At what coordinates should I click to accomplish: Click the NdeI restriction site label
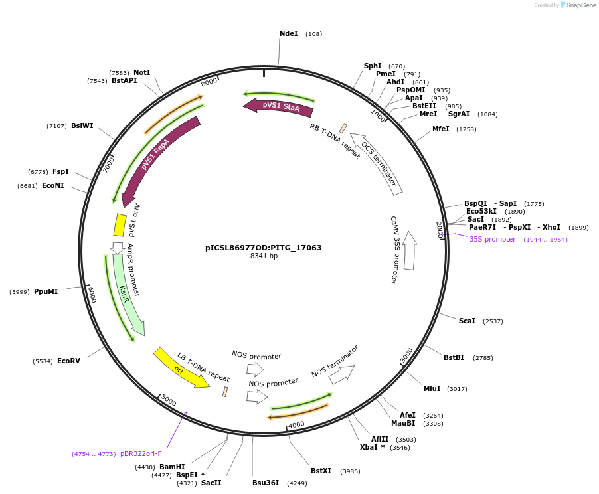tap(288, 33)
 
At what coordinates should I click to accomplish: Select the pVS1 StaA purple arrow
tap(278, 106)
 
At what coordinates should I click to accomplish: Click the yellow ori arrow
tap(181, 367)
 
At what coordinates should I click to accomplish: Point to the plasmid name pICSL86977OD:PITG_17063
tap(264, 248)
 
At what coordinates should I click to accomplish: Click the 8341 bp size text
tap(264, 256)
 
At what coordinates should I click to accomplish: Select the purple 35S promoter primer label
tap(492, 239)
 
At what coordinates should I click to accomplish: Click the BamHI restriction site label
tap(172, 467)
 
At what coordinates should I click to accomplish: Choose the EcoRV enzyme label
tap(68, 361)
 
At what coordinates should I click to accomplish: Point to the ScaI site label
tap(467, 321)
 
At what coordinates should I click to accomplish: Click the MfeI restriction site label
tap(441, 129)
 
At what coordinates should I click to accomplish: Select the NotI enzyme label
tap(142, 72)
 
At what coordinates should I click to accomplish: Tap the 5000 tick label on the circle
tap(169, 402)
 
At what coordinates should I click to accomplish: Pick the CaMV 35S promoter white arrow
tap(409, 250)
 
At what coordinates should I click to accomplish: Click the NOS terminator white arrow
tap(341, 375)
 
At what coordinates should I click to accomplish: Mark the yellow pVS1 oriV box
tap(120, 225)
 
